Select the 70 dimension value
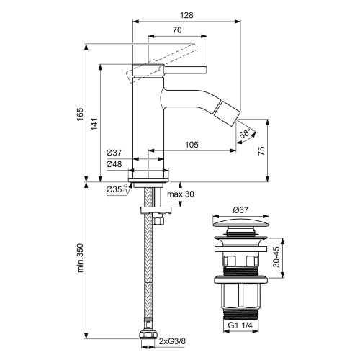(x=176, y=30)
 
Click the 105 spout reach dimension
(x=191, y=145)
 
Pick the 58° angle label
(x=246, y=135)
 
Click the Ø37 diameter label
(x=114, y=153)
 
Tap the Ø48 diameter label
(x=114, y=164)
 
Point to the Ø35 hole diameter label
(x=115, y=189)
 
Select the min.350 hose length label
(x=81, y=258)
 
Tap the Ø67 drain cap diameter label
(x=242, y=210)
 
